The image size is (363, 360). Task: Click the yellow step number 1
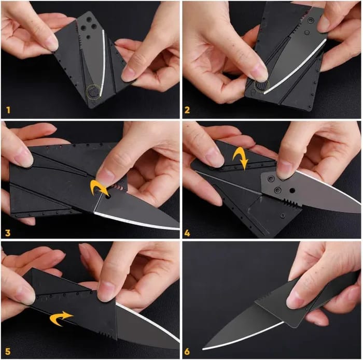[x=8, y=110]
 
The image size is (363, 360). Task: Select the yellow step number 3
[x=7, y=233]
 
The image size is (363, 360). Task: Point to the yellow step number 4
[x=187, y=233]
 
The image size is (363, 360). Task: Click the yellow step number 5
[x=7, y=352]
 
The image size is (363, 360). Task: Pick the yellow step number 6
[x=187, y=352]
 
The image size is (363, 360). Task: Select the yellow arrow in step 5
[x=61, y=318]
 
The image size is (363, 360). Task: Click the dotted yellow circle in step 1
[x=93, y=92]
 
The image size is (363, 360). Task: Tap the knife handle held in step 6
[x=311, y=300]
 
